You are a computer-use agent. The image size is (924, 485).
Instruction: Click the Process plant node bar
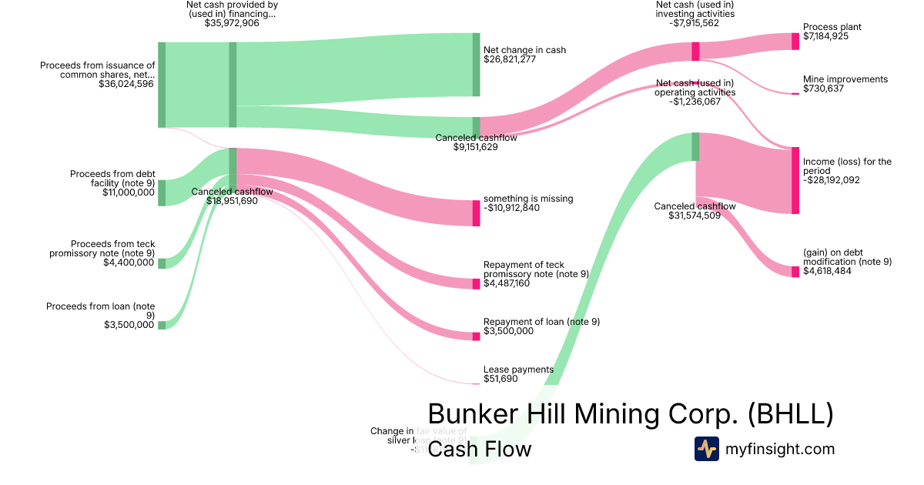(x=795, y=42)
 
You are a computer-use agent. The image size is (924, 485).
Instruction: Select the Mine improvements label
(x=845, y=79)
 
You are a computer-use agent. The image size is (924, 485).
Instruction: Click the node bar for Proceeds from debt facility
(x=162, y=192)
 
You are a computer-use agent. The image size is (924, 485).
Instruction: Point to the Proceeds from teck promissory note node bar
(x=162, y=263)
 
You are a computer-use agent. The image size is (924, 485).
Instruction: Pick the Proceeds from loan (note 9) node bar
(x=162, y=325)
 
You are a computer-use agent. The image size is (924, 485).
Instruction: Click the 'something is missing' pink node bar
(x=476, y=212)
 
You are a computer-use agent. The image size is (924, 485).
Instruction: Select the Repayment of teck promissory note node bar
(x=476, y=284)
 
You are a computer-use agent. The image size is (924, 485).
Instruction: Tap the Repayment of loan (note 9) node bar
(x=476, y=336)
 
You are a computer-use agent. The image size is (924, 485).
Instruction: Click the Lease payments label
(x=518, y=370)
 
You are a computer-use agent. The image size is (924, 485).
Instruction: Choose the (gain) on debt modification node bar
(x=795, y=271)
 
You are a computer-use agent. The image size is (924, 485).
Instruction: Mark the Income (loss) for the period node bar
(x=795, y=180)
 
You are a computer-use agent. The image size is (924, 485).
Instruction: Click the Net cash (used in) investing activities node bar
(x=695, y=52)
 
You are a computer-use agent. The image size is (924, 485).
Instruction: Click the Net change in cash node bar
(x=476, y=65)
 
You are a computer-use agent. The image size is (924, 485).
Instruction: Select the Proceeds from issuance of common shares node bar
(x=162, y=85)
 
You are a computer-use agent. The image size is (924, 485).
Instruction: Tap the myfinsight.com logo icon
(x=706, y=449)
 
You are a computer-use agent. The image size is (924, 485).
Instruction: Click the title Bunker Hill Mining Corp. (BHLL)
(x=630, y=414)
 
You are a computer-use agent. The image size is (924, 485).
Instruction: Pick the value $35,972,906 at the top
(x=232, y=23)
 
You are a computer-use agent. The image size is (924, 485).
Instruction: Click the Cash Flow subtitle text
(x=479, y=450)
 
